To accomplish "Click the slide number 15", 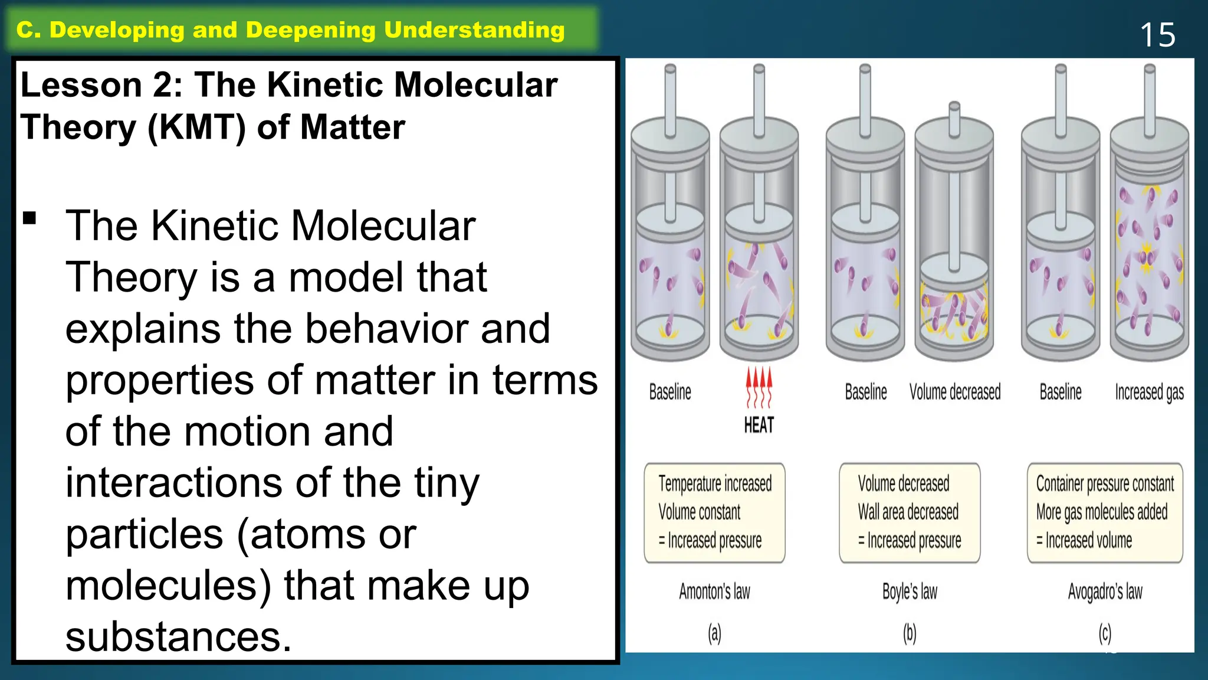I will point(1157,35).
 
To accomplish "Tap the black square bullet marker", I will point(29,218).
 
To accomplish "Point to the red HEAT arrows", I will point(759,387).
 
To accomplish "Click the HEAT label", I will point(759,425).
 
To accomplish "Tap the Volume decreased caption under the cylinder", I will point(955,392).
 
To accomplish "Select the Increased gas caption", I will point(1149,393).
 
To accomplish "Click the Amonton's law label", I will point(714,591).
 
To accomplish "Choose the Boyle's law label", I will point(910,591).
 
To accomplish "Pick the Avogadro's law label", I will point(1105,591).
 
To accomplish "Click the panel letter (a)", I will point(714,633).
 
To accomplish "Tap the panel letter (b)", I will point(910,633).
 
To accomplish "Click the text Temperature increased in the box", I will point(715,483).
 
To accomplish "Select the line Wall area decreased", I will point(908,512).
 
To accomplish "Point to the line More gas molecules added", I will point(1102,512).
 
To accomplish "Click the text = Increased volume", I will point(1084,540).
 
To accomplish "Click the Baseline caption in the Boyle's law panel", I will point(866,392).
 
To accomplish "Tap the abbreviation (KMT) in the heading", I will point(196,127).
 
